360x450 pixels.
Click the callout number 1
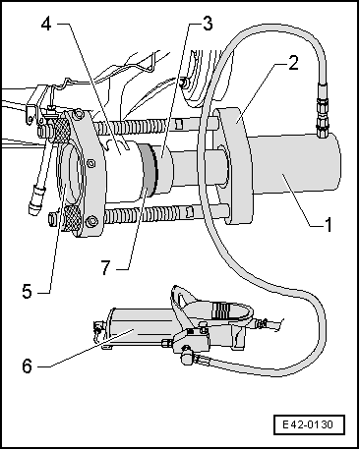coord(329,225)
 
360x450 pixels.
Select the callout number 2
coord(293,63)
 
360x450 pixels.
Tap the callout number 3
coord(208,24)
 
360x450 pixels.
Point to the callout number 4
coord(46,24)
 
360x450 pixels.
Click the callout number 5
coord(28,291)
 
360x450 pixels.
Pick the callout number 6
coord(28,366)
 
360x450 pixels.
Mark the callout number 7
coord(105,267)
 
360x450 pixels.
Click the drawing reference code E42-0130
coord(308,425)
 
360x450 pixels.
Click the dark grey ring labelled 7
coord(150,169)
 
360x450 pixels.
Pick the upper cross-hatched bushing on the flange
coord(60,129)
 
